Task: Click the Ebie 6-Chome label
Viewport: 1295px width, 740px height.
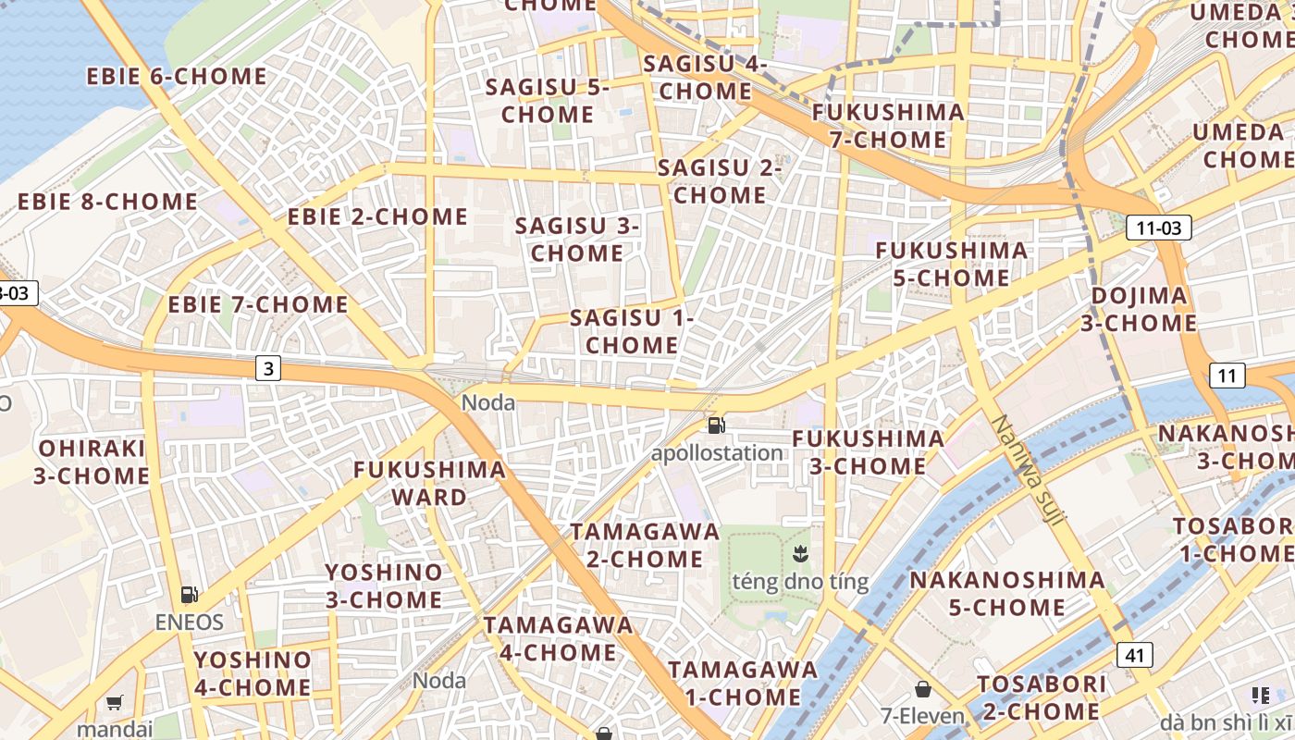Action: pyautogui.click(x=177, y=76)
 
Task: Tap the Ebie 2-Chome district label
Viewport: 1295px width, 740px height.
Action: pyautogui.click(x=377, y=216)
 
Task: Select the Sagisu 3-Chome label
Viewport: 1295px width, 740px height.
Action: pyautogui.click(x=577, y=239)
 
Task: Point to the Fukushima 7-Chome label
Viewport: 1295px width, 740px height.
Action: pyautogui.click(x=888, y=126)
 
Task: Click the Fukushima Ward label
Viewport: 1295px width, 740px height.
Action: pyautogui.click(x=430, y=483)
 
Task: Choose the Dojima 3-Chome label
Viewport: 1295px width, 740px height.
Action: pyautogui.click(x=1139, y=309)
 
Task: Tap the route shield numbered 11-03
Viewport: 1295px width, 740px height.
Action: pyautogui.click(x=1158, y=227)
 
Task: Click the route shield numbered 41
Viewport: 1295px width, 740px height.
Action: pyautogui.click(x=1135, y=655)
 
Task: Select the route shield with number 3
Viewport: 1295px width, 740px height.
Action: pyautogui.click(x=268, y=369)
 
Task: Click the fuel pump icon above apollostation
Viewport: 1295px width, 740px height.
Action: pyautogui.click(x=716, y=425)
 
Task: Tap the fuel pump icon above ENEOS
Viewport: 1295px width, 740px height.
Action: pyautogui.click(x=189, y=595)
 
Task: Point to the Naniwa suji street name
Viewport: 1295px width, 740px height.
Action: pyautogui.click(x=1027, y=473)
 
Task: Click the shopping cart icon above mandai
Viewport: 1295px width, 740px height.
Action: pyautogui.click(x=114, y=703)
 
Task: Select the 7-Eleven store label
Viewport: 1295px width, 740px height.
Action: pyautogui.click(x=921, y=715)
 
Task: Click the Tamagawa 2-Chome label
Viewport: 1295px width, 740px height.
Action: pyautogui.click(x=645, y=545)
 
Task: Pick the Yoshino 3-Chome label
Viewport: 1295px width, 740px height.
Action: pyautogui.click(x=383, y=586)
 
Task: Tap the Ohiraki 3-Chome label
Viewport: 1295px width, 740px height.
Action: pyautogui.click(x=92, y=462)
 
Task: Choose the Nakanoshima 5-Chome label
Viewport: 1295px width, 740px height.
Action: pyautogui.click(x=1007, y=594)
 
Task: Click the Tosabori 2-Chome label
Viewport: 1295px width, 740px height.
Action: pyautogui.click(x=1042, y=697)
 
